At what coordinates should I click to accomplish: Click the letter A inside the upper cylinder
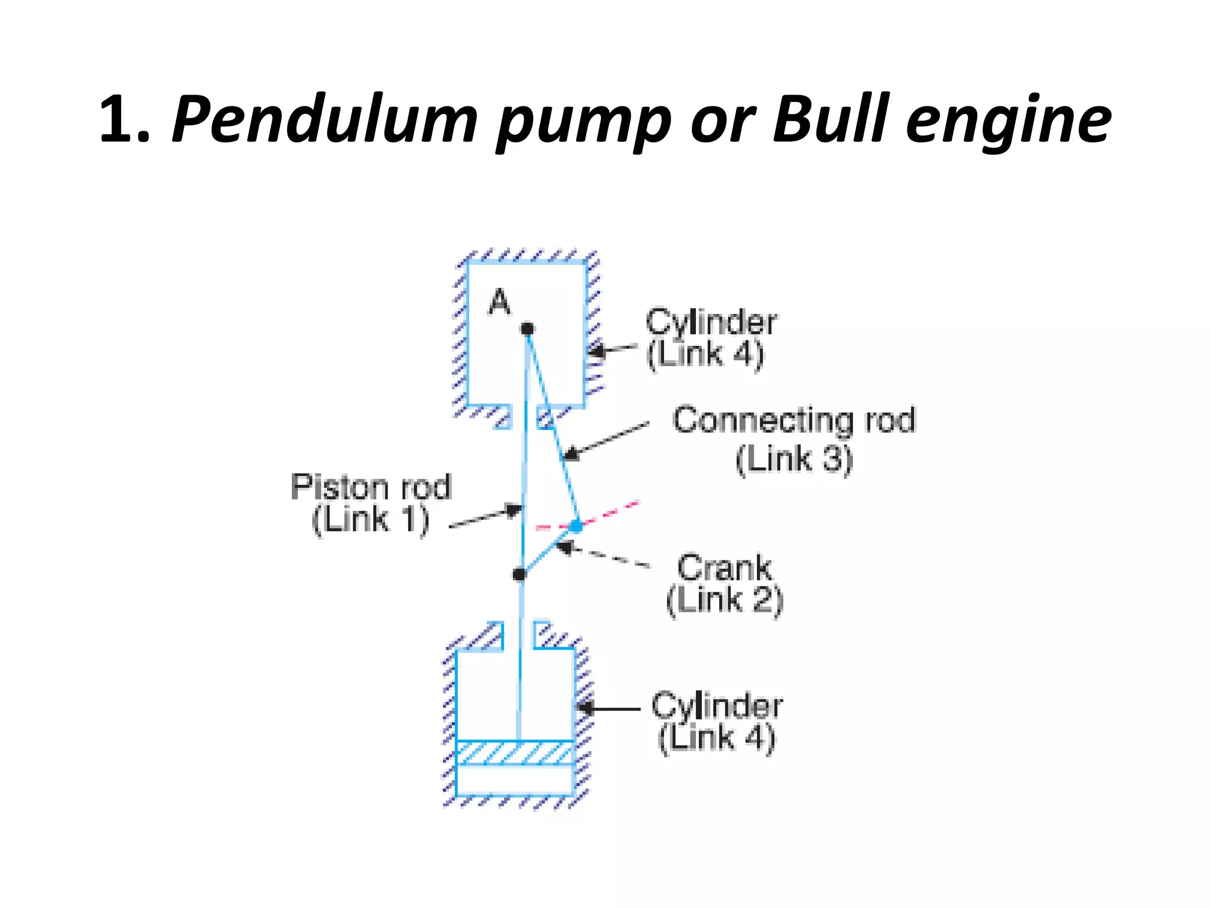[499, 302]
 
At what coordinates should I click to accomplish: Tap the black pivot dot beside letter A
[527, 329]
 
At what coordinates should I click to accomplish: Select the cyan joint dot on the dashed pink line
[576, 525]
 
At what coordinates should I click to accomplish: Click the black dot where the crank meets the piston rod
[519, 573]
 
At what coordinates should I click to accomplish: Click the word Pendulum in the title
[324, 120]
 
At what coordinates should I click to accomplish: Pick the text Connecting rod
[793, 420]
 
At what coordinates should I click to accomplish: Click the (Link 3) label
[793, 459]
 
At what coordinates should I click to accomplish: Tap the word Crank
[724, 567]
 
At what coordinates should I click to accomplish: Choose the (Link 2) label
[724, 601]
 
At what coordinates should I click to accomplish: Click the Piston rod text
[370, 487]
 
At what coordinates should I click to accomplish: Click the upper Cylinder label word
[711, 322]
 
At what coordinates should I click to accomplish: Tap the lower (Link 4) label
[716, 738]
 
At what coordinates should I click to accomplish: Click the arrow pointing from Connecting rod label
[606, 439]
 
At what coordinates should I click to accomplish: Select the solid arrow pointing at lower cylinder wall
[609, 708]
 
